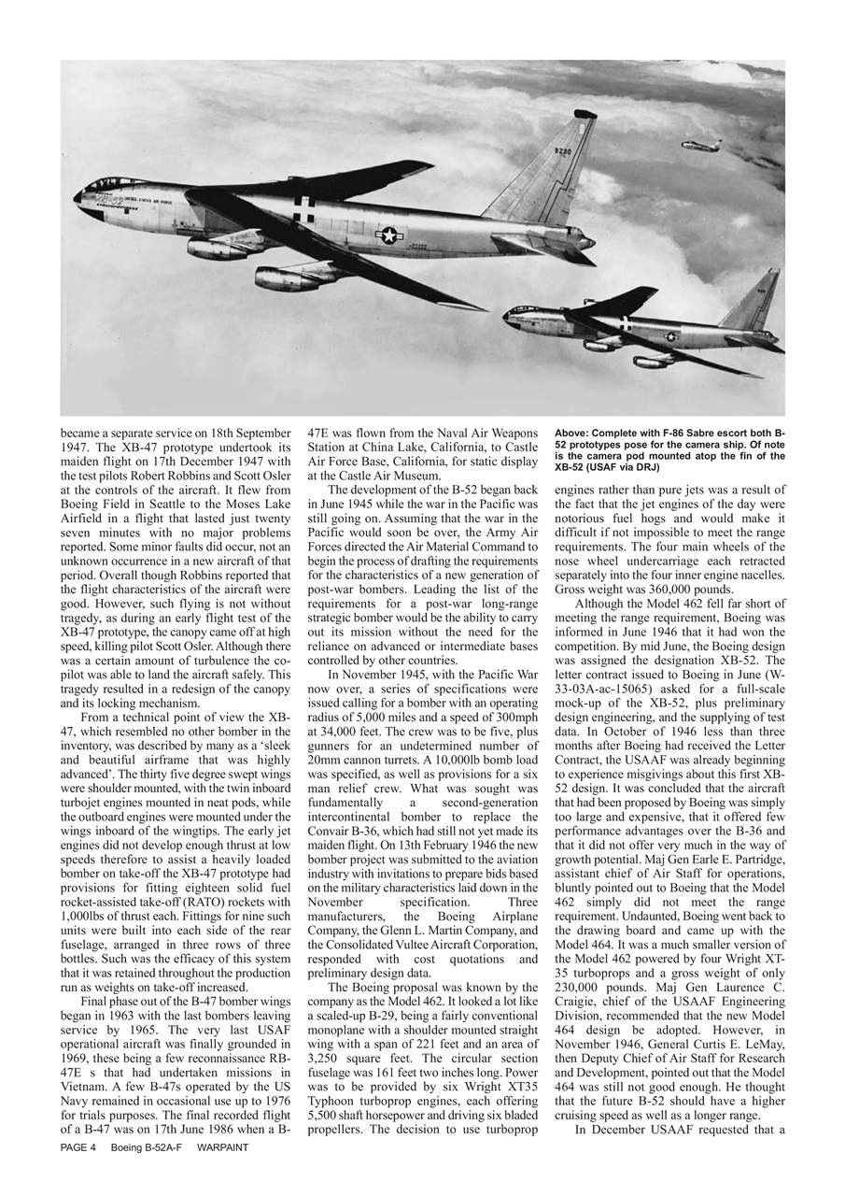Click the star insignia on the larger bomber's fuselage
click(389, 235)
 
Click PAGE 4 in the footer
click(78, 1146)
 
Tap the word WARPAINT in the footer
click(223, 1146)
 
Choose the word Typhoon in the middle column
click(337, 1103)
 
